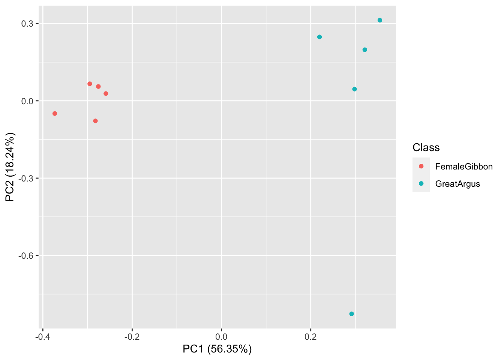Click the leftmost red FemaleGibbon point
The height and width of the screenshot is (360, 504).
coord(55,114)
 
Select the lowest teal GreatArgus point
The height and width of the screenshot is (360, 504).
coord(351,314)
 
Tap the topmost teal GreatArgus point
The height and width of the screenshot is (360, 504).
coord(380,20)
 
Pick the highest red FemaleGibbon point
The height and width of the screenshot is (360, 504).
coord(90,84)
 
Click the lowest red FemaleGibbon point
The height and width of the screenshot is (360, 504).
coord(95,121)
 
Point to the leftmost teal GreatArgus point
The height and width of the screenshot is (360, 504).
coord(319,37)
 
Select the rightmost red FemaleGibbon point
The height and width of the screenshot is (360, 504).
coord(106,93)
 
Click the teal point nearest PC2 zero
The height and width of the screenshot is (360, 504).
coord(354,89)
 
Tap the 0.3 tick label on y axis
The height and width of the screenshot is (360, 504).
coord(27,24)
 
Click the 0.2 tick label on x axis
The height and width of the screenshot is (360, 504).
coord(310,336)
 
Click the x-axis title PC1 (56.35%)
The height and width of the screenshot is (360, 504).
coord(217,349)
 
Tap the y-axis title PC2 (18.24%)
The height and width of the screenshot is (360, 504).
coord(10,167)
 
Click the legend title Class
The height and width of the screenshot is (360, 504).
coord(426,147)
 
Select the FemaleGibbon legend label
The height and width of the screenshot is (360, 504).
coord(464,166)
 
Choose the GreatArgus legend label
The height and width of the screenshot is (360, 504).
coord(457,184)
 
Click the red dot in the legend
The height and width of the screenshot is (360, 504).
coord(421,166)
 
